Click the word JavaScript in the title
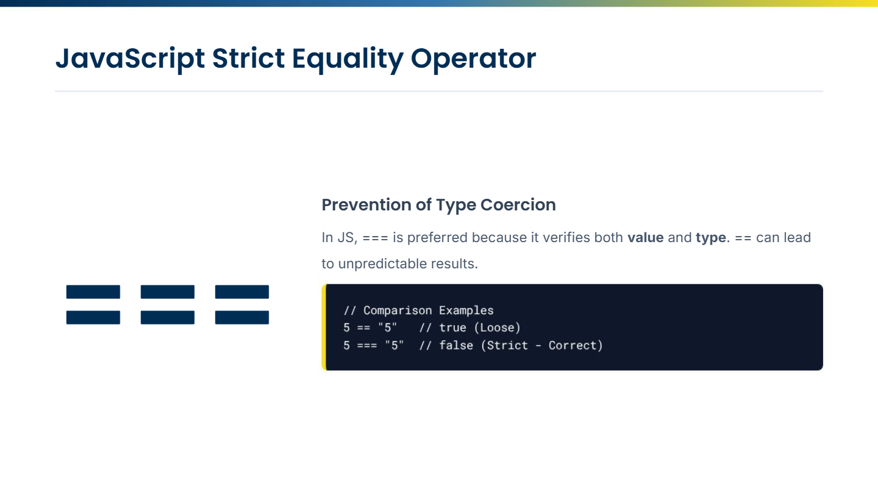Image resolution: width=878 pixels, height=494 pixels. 130,59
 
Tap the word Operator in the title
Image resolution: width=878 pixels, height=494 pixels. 473,59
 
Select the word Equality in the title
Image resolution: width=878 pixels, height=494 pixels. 348,59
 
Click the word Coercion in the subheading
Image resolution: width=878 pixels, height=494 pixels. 518,205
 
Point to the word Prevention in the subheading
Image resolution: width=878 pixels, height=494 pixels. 366,205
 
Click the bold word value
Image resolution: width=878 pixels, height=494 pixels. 646,238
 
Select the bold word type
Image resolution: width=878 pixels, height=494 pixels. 711,238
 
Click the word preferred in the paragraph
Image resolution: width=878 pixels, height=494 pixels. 437,238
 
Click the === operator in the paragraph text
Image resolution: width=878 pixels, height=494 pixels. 375,238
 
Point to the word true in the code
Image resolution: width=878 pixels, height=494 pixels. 452,328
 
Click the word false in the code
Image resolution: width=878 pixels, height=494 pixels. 456,345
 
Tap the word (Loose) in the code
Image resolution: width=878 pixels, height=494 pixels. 497,328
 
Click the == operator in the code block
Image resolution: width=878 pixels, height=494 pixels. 363,328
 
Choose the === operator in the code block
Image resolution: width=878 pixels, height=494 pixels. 367,346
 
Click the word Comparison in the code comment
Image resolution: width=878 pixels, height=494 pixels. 398,310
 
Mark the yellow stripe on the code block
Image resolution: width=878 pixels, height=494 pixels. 324,328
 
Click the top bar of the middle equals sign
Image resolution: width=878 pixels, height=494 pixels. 167,292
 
